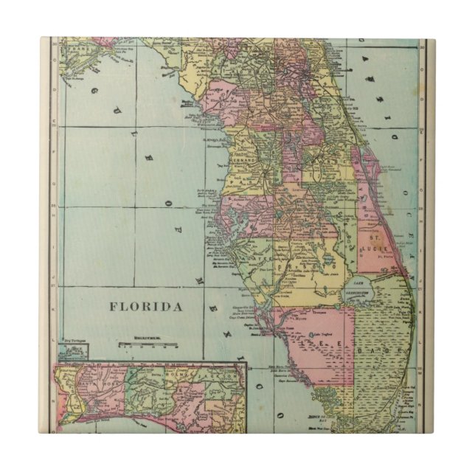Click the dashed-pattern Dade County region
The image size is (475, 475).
coord(384,369)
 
